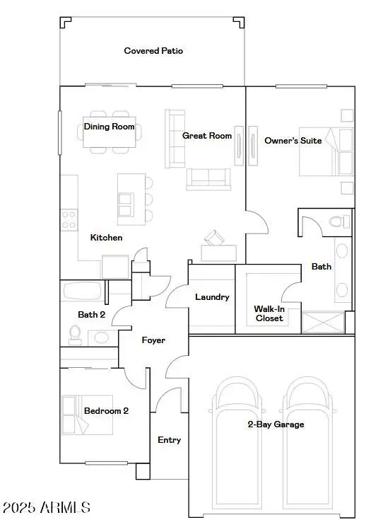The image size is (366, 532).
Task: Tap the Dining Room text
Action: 109,127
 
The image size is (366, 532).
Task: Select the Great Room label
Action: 207,136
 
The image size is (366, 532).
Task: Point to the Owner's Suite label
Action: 293,141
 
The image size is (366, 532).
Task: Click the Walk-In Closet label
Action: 268,313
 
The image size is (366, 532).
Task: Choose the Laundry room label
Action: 212,297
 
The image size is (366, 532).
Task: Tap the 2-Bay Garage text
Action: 276,424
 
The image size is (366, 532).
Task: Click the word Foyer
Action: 153,340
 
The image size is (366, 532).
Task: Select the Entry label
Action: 169,440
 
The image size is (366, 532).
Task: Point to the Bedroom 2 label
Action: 106,410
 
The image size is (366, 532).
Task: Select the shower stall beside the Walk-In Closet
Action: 324,322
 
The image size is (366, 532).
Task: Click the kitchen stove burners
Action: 69,220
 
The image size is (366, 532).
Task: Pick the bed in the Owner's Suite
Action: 325,152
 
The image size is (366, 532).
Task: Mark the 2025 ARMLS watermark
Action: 47,507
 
